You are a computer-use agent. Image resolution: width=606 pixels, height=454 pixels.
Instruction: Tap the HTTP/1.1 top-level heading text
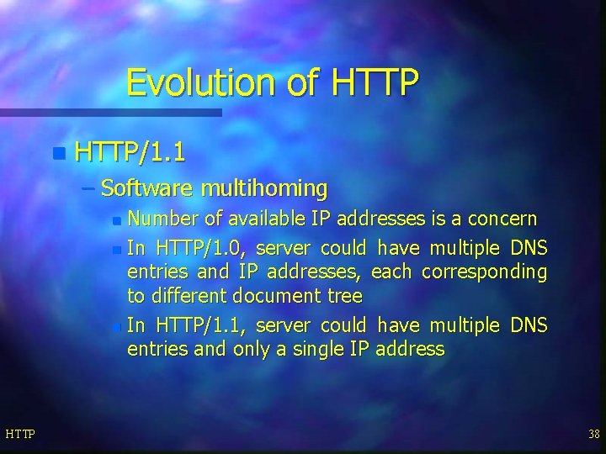tap(130, 153)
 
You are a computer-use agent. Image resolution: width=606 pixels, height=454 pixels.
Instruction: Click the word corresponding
tap(484, 272)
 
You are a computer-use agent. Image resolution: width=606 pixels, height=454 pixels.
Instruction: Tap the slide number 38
tap(594, 433)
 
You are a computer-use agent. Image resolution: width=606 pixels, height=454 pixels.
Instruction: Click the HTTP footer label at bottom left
tap(19, 433)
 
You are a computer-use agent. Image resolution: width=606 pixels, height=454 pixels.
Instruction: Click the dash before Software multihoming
tap(89, 187)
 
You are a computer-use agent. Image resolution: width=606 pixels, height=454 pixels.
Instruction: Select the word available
tap(267, 219)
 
